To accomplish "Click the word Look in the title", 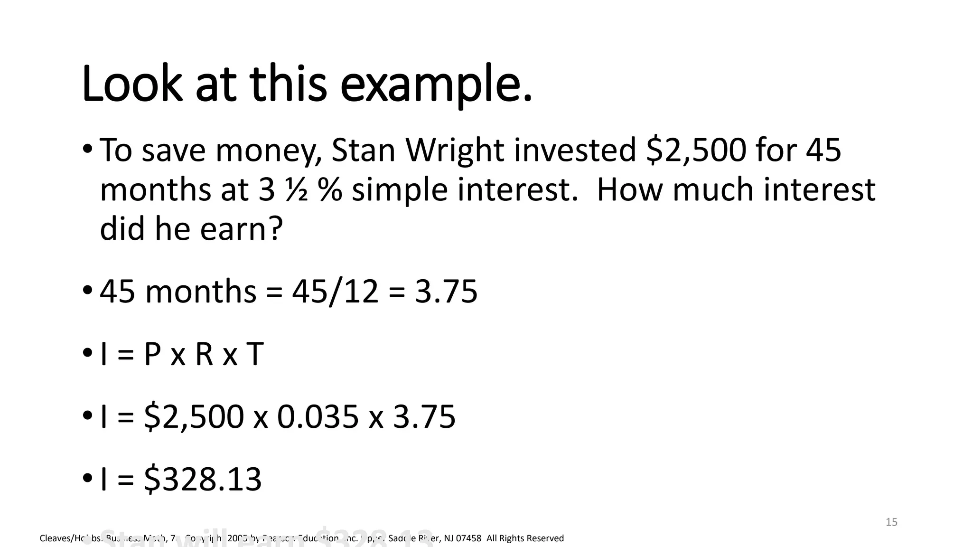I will (x=132, y=85).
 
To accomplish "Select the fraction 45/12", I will (x=335, y=291).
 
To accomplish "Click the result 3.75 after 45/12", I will (x=446, y=291).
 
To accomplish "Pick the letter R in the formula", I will (x=204, y=354).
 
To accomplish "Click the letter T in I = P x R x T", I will (x=254, y=354).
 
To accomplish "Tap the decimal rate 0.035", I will (x=318, y=417).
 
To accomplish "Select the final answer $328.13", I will (x=203, y=479).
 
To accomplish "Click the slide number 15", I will (x=891, y=522).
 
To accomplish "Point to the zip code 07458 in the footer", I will (x=468, y=538).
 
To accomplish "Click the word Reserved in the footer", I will (x=544, y=538).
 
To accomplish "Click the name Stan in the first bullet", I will (x=363, y=150).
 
